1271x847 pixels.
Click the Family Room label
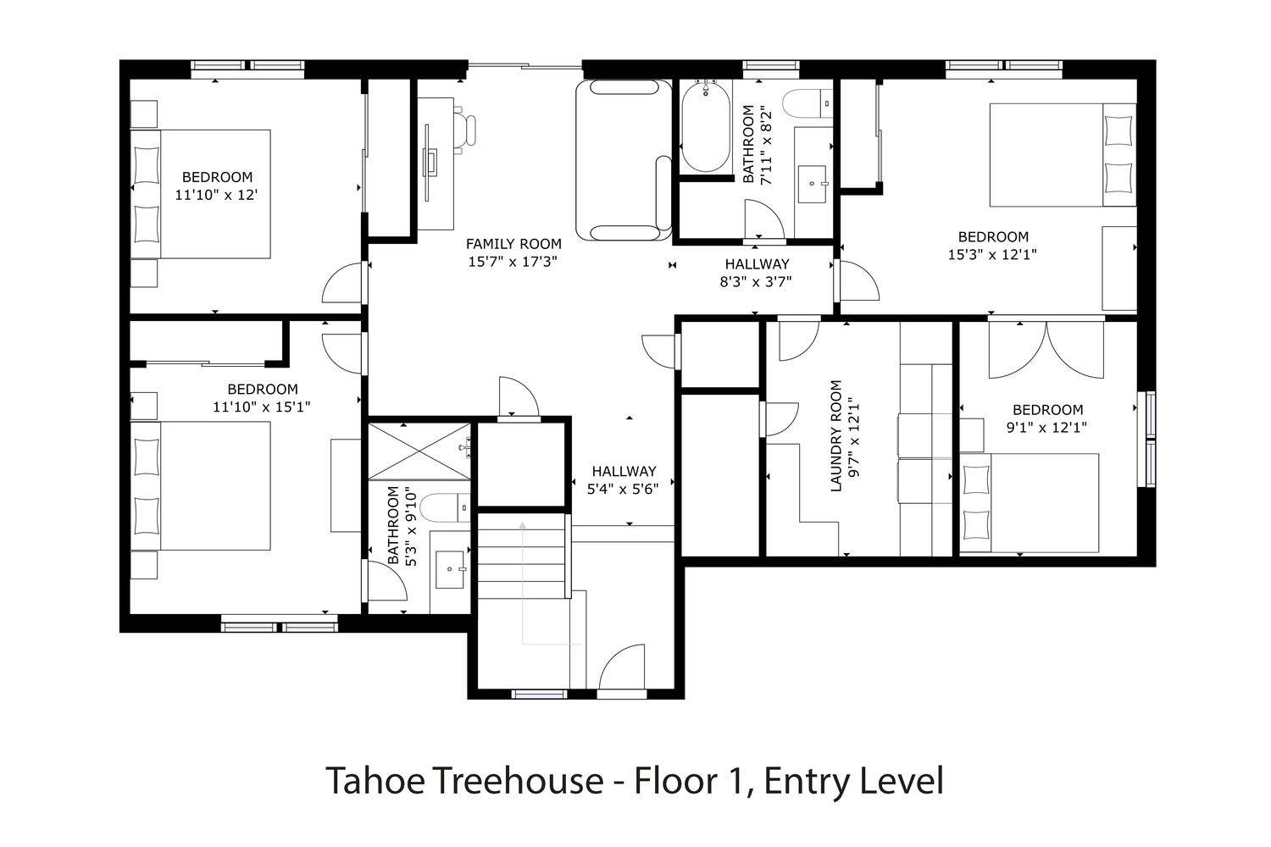[513, 244]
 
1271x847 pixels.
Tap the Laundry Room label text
[835, 435]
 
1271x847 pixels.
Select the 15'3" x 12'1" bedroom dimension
[992, 255]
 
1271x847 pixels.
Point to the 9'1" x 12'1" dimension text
[1046, 428]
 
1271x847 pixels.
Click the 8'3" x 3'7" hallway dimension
[756, 282]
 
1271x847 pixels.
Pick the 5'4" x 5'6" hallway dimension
[623, 489]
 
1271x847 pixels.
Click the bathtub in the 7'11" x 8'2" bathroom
[705, 127]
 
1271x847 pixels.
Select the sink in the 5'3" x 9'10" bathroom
[450, 569]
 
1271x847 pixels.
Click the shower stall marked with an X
[419, 451]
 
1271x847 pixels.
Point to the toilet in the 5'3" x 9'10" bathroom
[446, 507]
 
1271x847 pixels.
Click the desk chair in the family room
[465, 130]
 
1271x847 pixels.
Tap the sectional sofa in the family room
[624, 160]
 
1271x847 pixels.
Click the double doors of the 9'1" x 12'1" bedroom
[1046, 350]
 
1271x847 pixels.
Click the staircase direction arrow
[523, 584]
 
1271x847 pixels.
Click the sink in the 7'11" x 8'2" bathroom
[812, 184]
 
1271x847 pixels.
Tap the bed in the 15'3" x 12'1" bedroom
[1063, 154]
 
